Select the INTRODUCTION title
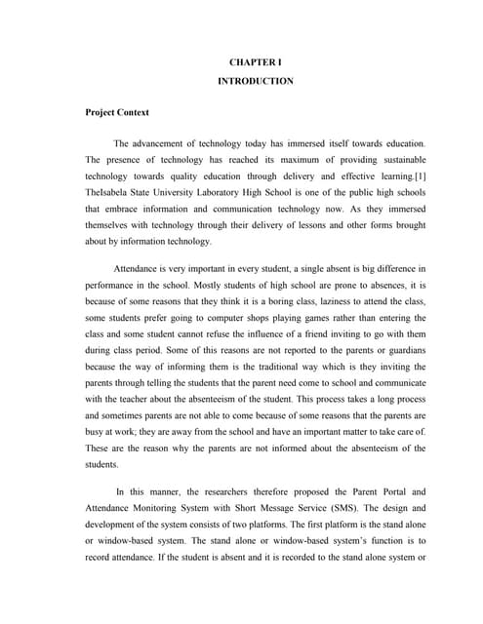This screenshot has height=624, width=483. pos(255,81)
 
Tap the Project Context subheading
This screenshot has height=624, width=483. pos(118,112)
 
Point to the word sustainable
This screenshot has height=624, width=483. pos(397,160)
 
